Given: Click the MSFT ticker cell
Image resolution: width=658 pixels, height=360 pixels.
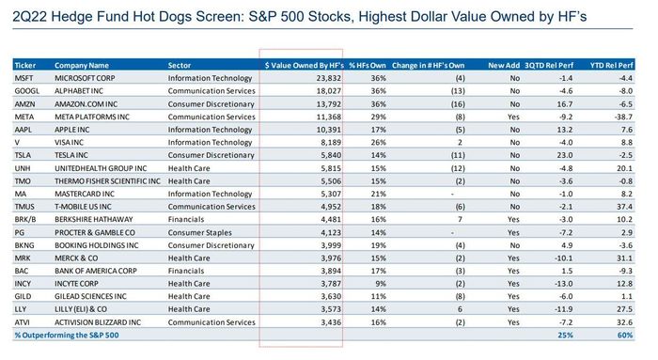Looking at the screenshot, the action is [x=23, y=78].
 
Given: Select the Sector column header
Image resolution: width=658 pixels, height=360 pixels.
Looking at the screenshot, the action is [x=180, y=66].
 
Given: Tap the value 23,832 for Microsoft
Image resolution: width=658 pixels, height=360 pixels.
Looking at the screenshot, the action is [x=329, y=78].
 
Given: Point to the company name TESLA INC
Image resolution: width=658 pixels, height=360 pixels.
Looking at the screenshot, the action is [x=71, y=155].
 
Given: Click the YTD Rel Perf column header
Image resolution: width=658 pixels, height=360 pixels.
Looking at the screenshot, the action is [x=611, y=66].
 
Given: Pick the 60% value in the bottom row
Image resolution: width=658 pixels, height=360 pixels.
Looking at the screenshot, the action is [x=625, y=336].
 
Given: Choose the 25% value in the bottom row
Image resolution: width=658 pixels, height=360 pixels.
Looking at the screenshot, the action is [x=565, y=336].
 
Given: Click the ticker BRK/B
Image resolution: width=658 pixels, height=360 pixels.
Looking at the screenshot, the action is [x=25, y=219].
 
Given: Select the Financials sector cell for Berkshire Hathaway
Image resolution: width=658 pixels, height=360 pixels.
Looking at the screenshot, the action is [x=186, y=219].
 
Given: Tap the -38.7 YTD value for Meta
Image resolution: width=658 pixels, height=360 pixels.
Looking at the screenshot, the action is [x=622, y=117].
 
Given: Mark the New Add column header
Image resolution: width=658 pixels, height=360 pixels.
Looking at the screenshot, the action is [x=504, y=66].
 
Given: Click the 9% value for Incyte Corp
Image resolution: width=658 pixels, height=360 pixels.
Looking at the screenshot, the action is [x=381, y=284].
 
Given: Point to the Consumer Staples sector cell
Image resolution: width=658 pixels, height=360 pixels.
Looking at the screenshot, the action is [x=199, y=232].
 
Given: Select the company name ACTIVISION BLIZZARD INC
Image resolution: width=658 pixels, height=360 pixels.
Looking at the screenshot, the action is [x=98, y=322].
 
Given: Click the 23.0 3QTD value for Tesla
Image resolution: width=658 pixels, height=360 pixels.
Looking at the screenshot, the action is [x=565, y=155].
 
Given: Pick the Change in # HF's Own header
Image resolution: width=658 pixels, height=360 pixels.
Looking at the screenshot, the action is [x=428, y=66].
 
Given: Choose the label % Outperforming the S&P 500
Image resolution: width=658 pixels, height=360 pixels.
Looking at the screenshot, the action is [x=67, y=336].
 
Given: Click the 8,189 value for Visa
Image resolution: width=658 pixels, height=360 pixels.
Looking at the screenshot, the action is [x=331, y=143].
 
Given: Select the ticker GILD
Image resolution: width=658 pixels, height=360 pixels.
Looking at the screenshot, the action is [x=23, y=297].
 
